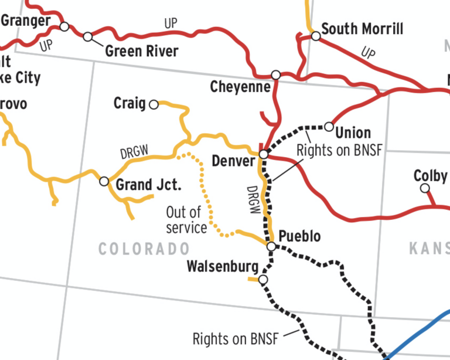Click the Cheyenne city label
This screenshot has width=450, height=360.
pos(240,87)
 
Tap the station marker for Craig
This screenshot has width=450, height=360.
pos(154,104)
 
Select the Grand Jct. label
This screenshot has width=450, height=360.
pos(148,185)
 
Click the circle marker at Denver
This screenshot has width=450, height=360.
pos(264,154)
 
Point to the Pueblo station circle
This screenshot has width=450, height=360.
pos(271,246)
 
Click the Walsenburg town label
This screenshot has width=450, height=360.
pos(222,267)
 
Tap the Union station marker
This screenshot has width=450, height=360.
pos(329,127)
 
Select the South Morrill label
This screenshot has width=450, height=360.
pos(362,29)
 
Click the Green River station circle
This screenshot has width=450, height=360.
pos(88,37)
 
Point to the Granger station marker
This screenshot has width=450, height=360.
pos(64,26)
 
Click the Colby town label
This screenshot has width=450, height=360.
pos(430,175)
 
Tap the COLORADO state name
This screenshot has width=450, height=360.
pos(144,249)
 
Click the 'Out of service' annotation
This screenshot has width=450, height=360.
pos(186,219)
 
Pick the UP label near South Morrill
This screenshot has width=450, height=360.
pos(368,53)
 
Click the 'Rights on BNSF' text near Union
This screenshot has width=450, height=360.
pos(339,150)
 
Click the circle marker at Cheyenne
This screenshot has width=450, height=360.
pos(276,74)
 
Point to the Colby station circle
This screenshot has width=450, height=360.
pos(425,188)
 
